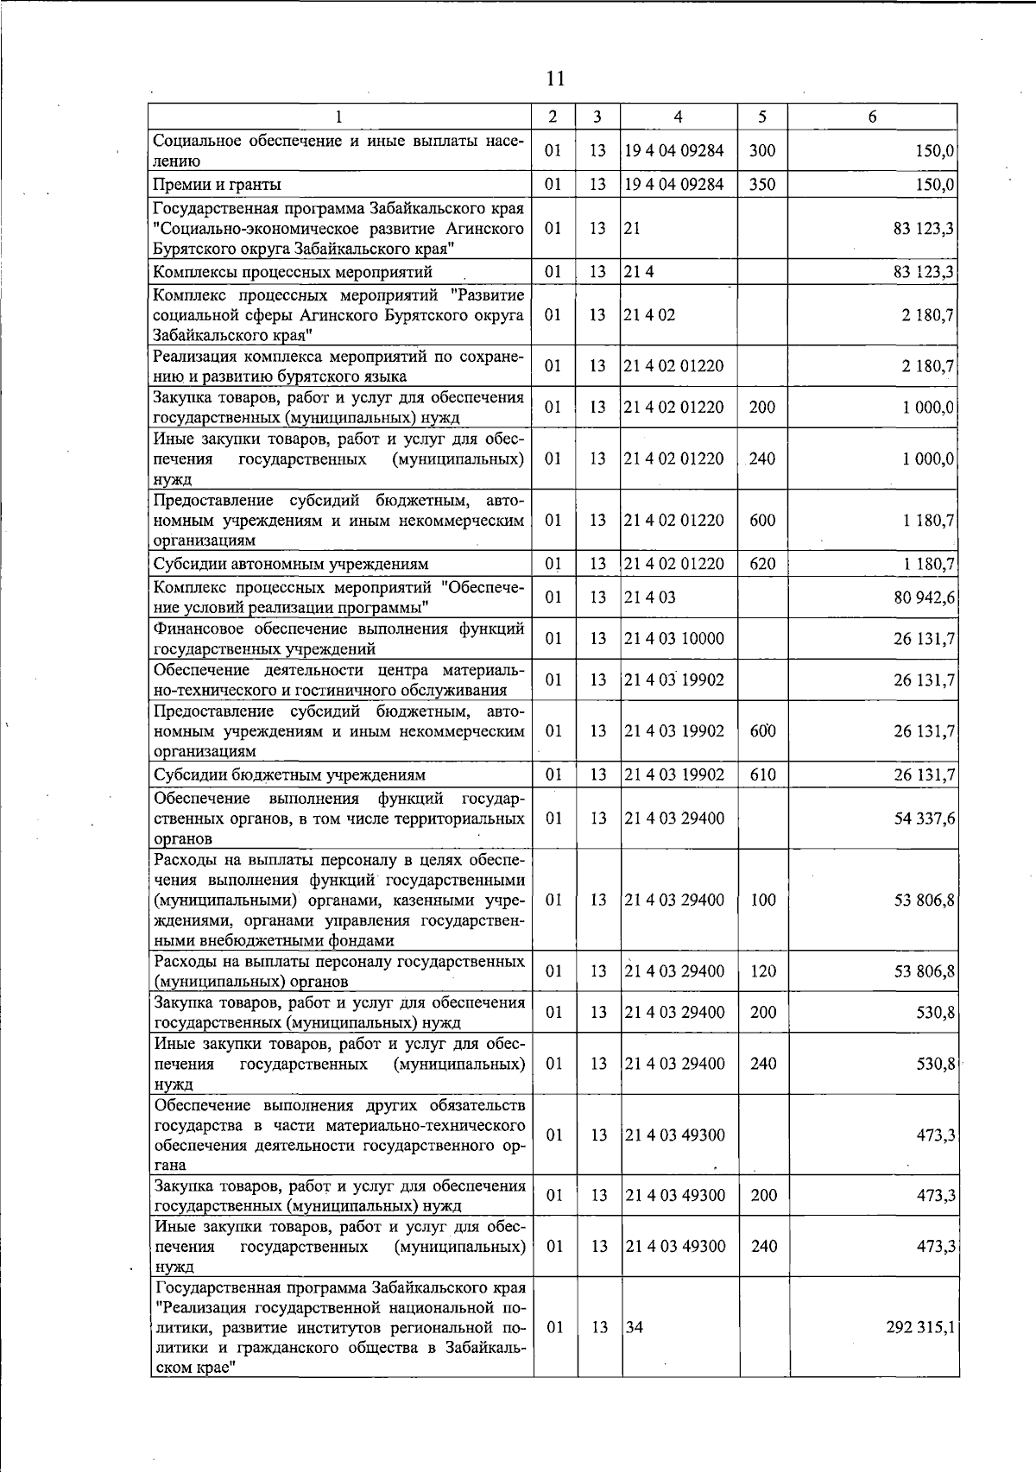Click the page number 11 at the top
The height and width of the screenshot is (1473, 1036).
coord(555,79)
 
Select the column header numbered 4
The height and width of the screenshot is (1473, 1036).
coord(679,117)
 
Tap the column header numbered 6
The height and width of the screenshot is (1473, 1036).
coord(873,117)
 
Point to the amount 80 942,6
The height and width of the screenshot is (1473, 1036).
coord(924,597)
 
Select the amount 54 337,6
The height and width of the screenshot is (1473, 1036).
coord(924,818)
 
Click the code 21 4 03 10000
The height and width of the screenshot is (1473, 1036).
coord(674,639)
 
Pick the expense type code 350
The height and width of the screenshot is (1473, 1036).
coord(762,184)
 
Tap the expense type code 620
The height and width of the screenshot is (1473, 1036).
coord(762,565)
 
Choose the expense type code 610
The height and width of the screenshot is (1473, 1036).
coord(762,774)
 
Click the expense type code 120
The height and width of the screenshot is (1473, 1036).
coord(763,971)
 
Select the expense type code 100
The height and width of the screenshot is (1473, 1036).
coord(763,900)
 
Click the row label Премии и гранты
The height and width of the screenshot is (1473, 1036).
coord(217,185)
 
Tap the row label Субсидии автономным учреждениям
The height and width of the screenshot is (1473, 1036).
coord(291,565)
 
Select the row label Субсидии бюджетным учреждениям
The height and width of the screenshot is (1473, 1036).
coord(289,775)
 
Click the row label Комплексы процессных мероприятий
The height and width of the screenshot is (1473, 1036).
coord(293,273)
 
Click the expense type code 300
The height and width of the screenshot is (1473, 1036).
coord(762,150)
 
